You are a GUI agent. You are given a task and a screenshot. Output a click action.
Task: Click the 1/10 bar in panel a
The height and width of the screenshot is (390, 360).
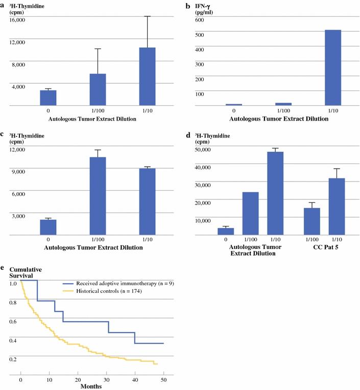coord(147,77)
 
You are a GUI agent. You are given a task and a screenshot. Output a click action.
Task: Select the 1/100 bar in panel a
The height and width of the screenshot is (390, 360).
coord(98,89)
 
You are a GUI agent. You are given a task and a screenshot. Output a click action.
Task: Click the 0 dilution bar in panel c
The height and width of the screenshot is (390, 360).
coord(48,227)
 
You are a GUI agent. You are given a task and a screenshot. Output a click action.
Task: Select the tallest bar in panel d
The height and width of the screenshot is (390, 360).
coord(275,193)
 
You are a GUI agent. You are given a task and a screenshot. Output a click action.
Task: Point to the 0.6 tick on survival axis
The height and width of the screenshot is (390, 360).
coord(12,321)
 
